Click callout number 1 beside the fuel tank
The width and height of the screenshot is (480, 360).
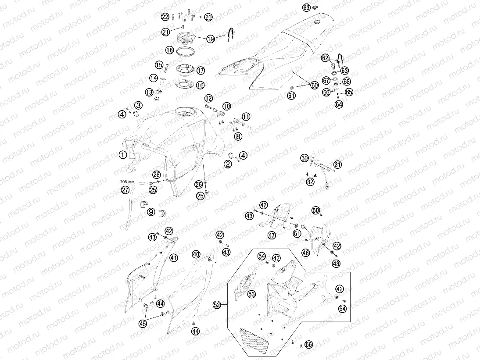123,155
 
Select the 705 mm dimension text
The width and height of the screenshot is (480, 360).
127,182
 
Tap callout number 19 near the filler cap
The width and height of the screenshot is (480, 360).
211,39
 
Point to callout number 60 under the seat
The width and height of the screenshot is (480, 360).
315,86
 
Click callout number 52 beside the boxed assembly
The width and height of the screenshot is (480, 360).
217,305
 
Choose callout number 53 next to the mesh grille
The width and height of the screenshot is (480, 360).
252,294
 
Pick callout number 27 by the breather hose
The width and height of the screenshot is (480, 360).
125,190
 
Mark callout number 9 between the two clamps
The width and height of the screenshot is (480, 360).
151,212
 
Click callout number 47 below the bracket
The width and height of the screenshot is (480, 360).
272,235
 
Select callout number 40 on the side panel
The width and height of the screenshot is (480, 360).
196,254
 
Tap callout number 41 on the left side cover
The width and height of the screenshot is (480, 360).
174,258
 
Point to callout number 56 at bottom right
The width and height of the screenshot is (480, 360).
309,344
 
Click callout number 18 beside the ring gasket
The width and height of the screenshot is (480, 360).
170,50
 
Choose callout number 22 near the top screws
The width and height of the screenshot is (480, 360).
165,17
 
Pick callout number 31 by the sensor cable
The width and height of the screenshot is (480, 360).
337,164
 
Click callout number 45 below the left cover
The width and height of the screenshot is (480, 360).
143,324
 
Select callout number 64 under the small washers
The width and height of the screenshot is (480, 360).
339,104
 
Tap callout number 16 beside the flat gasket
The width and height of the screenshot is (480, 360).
200,85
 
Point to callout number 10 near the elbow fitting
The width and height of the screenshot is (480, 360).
226,106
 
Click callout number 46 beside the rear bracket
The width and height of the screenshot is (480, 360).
305,253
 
